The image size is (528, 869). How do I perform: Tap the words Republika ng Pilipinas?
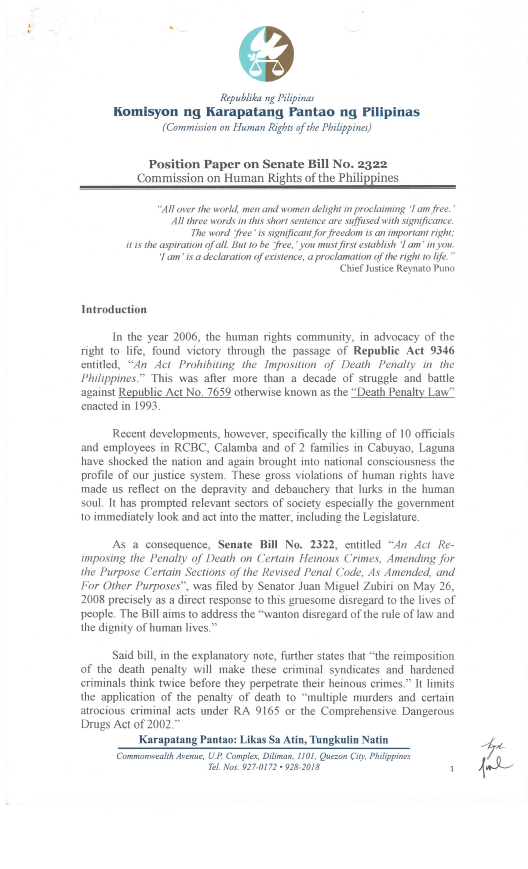click(267, 98)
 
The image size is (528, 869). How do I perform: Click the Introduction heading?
click(114, 310)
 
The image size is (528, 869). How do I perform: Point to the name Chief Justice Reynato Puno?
click(397, 268)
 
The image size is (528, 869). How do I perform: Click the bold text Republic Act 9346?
click(404, 351)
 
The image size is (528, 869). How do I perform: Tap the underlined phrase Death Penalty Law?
click(403, 392)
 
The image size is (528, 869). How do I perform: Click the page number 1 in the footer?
click(451, 769)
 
